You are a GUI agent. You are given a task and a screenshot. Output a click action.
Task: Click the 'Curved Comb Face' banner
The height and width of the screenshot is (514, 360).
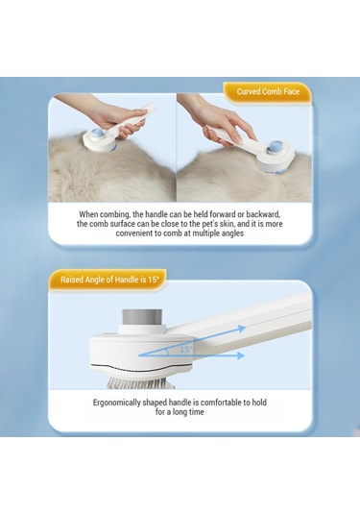click(267, 92)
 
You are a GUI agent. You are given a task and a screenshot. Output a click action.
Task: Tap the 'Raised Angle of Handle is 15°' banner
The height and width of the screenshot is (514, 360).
click(109, 280)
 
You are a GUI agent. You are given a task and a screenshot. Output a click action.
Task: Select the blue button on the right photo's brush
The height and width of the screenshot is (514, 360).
click(275, 148)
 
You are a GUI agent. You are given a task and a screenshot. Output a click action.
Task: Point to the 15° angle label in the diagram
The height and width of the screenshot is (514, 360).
click(184, 350)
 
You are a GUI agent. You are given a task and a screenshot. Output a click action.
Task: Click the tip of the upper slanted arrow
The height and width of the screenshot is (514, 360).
click(246, 328)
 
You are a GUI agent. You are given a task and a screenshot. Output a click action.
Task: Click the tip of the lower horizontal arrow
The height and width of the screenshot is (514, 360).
click(245, 355)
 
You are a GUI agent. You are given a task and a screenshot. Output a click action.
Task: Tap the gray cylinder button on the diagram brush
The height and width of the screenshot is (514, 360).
click(142, 317)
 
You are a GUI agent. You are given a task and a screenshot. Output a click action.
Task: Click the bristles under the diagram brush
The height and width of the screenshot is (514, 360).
click(141, 382)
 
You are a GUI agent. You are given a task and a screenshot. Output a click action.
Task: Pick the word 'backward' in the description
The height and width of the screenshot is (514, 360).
click(263, 214)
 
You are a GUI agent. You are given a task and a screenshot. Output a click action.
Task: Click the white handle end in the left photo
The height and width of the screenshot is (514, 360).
click(150, 108)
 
